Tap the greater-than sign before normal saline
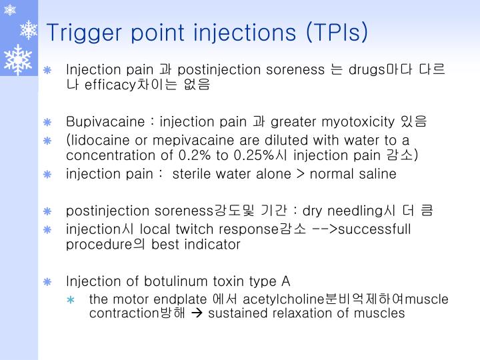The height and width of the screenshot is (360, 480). [302, 174]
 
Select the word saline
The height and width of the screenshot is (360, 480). [377, 174]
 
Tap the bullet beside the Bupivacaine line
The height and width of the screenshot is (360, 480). [47, 122]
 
